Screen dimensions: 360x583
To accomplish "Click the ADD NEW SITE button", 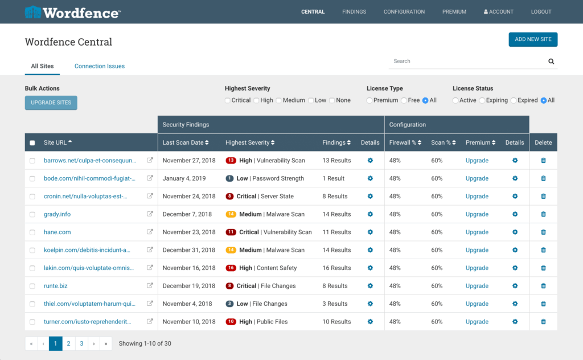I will [x=533, y=39].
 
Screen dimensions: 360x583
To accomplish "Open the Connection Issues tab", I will [x=100, y=66].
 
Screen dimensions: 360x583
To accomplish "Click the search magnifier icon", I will [x=551, y=62].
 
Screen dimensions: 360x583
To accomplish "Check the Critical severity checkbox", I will [x=228, y=100].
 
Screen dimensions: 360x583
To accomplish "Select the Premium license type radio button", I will [x=369, y=100].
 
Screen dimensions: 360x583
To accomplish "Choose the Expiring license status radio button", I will [x=482, y=100].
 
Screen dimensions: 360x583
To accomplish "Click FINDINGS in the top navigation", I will [x=354, y=11].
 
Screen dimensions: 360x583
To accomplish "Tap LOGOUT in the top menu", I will [x=541, y=11].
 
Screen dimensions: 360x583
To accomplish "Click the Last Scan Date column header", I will [x=185, y=142].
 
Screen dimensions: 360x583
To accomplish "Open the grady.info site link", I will [x=57, y=214].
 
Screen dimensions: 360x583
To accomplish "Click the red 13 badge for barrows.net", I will [x=231, y=161].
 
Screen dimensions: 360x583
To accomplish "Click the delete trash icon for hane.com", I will [x=543, y=232].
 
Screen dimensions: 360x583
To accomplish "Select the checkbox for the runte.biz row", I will [x=32, y=286].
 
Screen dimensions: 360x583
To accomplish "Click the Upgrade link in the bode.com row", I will [x=477, y=178].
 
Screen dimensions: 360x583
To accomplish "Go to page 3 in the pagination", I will [x=81, y=343].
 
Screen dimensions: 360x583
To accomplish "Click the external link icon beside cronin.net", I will [x=150, y=196].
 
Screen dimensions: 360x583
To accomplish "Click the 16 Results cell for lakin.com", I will [x=336, y=268].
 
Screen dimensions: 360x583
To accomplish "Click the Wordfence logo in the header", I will [x=72, y=12].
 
